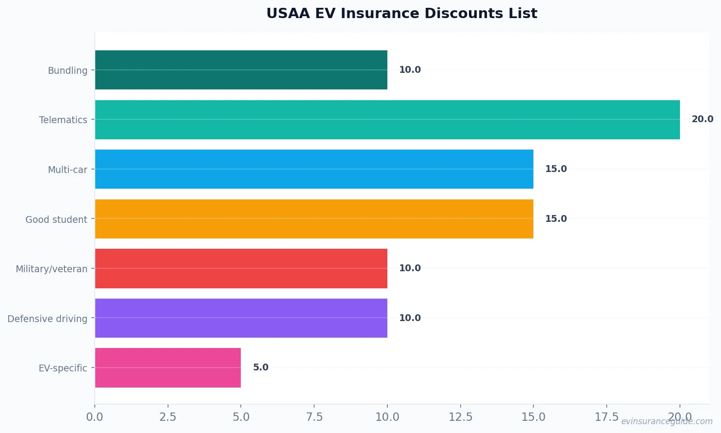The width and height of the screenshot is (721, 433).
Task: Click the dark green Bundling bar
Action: (241, 70)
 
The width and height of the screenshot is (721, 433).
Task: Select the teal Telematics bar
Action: (387, 120)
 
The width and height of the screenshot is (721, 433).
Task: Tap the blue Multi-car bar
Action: (314, 169)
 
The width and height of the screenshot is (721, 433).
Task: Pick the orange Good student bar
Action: (314, 219)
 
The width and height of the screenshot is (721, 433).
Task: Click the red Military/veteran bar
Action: (241, 268)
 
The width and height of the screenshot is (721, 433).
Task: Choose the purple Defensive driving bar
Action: (241, 318)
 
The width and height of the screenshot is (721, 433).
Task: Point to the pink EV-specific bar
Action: (168, 368)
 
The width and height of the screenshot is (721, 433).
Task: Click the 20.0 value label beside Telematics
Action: (702, 119)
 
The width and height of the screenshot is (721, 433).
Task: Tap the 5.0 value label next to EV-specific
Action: (260, 368)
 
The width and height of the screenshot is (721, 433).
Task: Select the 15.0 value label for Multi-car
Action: (555, 169)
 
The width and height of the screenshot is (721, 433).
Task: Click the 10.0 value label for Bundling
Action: (409, 70)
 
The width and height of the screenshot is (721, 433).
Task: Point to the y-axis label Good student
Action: (56, 219)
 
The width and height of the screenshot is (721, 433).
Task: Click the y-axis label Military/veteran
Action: (51, 269)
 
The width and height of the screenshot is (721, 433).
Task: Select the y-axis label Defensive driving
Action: (47, 319)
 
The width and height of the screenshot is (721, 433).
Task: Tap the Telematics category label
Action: (63, 120)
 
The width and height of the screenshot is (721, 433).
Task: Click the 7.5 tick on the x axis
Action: (314, 417)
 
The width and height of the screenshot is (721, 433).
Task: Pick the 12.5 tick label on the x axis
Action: (460, 417)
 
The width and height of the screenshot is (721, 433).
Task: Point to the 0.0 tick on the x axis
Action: (95, 417)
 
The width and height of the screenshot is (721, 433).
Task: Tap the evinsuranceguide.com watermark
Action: (666, 421)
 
